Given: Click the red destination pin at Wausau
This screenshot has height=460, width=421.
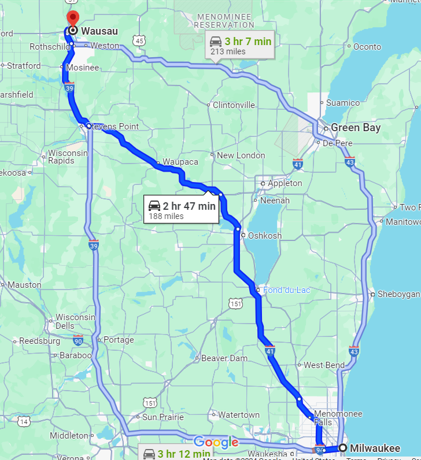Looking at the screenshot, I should click(72, 17).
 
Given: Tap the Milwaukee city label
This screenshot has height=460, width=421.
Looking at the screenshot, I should click(375, 448).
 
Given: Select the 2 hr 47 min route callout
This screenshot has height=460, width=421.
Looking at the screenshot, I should click(182, 210).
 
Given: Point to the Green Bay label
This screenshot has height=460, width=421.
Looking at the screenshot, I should click(355, 128).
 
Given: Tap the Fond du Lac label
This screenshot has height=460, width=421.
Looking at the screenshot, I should click(281, 290).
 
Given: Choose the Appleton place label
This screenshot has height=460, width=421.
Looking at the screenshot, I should click(285, 183).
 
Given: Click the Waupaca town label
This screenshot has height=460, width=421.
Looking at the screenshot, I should click(180, 162).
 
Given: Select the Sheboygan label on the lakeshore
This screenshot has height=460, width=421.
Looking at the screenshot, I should click(398, 294).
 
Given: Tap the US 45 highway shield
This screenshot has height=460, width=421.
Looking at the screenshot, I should click(139, 40).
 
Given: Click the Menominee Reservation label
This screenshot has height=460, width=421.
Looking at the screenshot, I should click(224, 21).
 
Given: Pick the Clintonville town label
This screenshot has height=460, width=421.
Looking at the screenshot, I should click(234, 105).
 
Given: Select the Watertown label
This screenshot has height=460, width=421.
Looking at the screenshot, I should click(239, 415).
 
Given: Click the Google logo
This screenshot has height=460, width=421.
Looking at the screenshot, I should click(216, 443).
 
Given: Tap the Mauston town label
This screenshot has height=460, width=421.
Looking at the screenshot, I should click(24, 285).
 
